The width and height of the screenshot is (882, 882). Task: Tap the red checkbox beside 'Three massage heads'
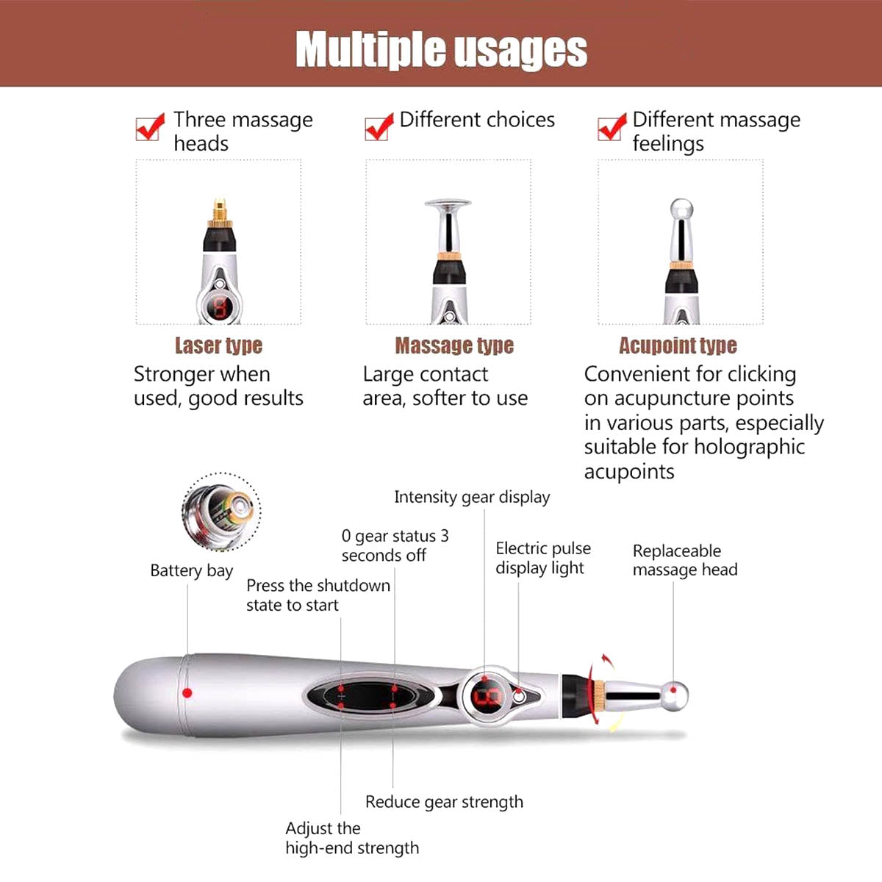tap(148, 127)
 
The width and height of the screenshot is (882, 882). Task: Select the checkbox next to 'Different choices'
tap(378, 127)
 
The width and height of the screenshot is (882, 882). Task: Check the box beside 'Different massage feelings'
tap(611, 127)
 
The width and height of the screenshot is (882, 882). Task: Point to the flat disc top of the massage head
tap(448, 203)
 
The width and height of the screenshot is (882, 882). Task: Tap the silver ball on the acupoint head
tap(681, 209)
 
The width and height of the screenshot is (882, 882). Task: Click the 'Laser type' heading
tap(219, 345)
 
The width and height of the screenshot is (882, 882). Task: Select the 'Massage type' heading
tap(454, 345)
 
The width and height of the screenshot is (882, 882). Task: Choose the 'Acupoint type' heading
tap(678, 345)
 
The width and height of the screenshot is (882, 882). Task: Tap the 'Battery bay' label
tap(191, 571)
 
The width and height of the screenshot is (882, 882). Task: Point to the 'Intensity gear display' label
tap(472, 498)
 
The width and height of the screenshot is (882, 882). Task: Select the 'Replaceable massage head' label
tap(685, 560)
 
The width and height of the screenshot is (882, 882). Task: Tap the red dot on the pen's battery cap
tap(187, 693)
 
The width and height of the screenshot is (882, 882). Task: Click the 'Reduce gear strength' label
tap(444, 802)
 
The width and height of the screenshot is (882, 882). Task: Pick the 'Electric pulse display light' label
tap(543, 558)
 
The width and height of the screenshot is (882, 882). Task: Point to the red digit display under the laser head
tap(220, 307)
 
